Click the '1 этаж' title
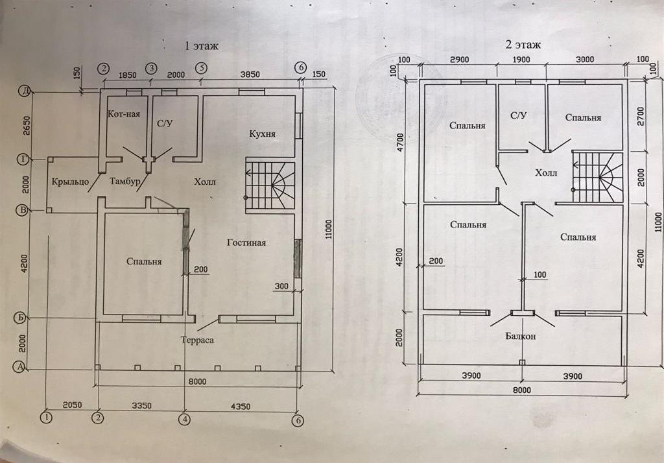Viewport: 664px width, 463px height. [x=202, y=46]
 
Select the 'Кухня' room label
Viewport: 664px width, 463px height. [x=263, y=134]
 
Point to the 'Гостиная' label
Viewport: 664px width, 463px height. [x=246, y=243]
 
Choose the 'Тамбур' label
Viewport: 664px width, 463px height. [x=124, y=182]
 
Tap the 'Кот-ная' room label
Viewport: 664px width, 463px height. [x=123, y=113]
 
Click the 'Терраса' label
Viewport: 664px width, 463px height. [x=197, y=339]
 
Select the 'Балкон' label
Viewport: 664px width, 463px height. [x=521, y=336]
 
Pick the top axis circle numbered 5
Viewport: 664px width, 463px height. [x=202, y=67]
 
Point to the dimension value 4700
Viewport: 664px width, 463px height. [x=400, y=141]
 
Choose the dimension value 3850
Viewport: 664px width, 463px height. [x=251, y=74]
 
